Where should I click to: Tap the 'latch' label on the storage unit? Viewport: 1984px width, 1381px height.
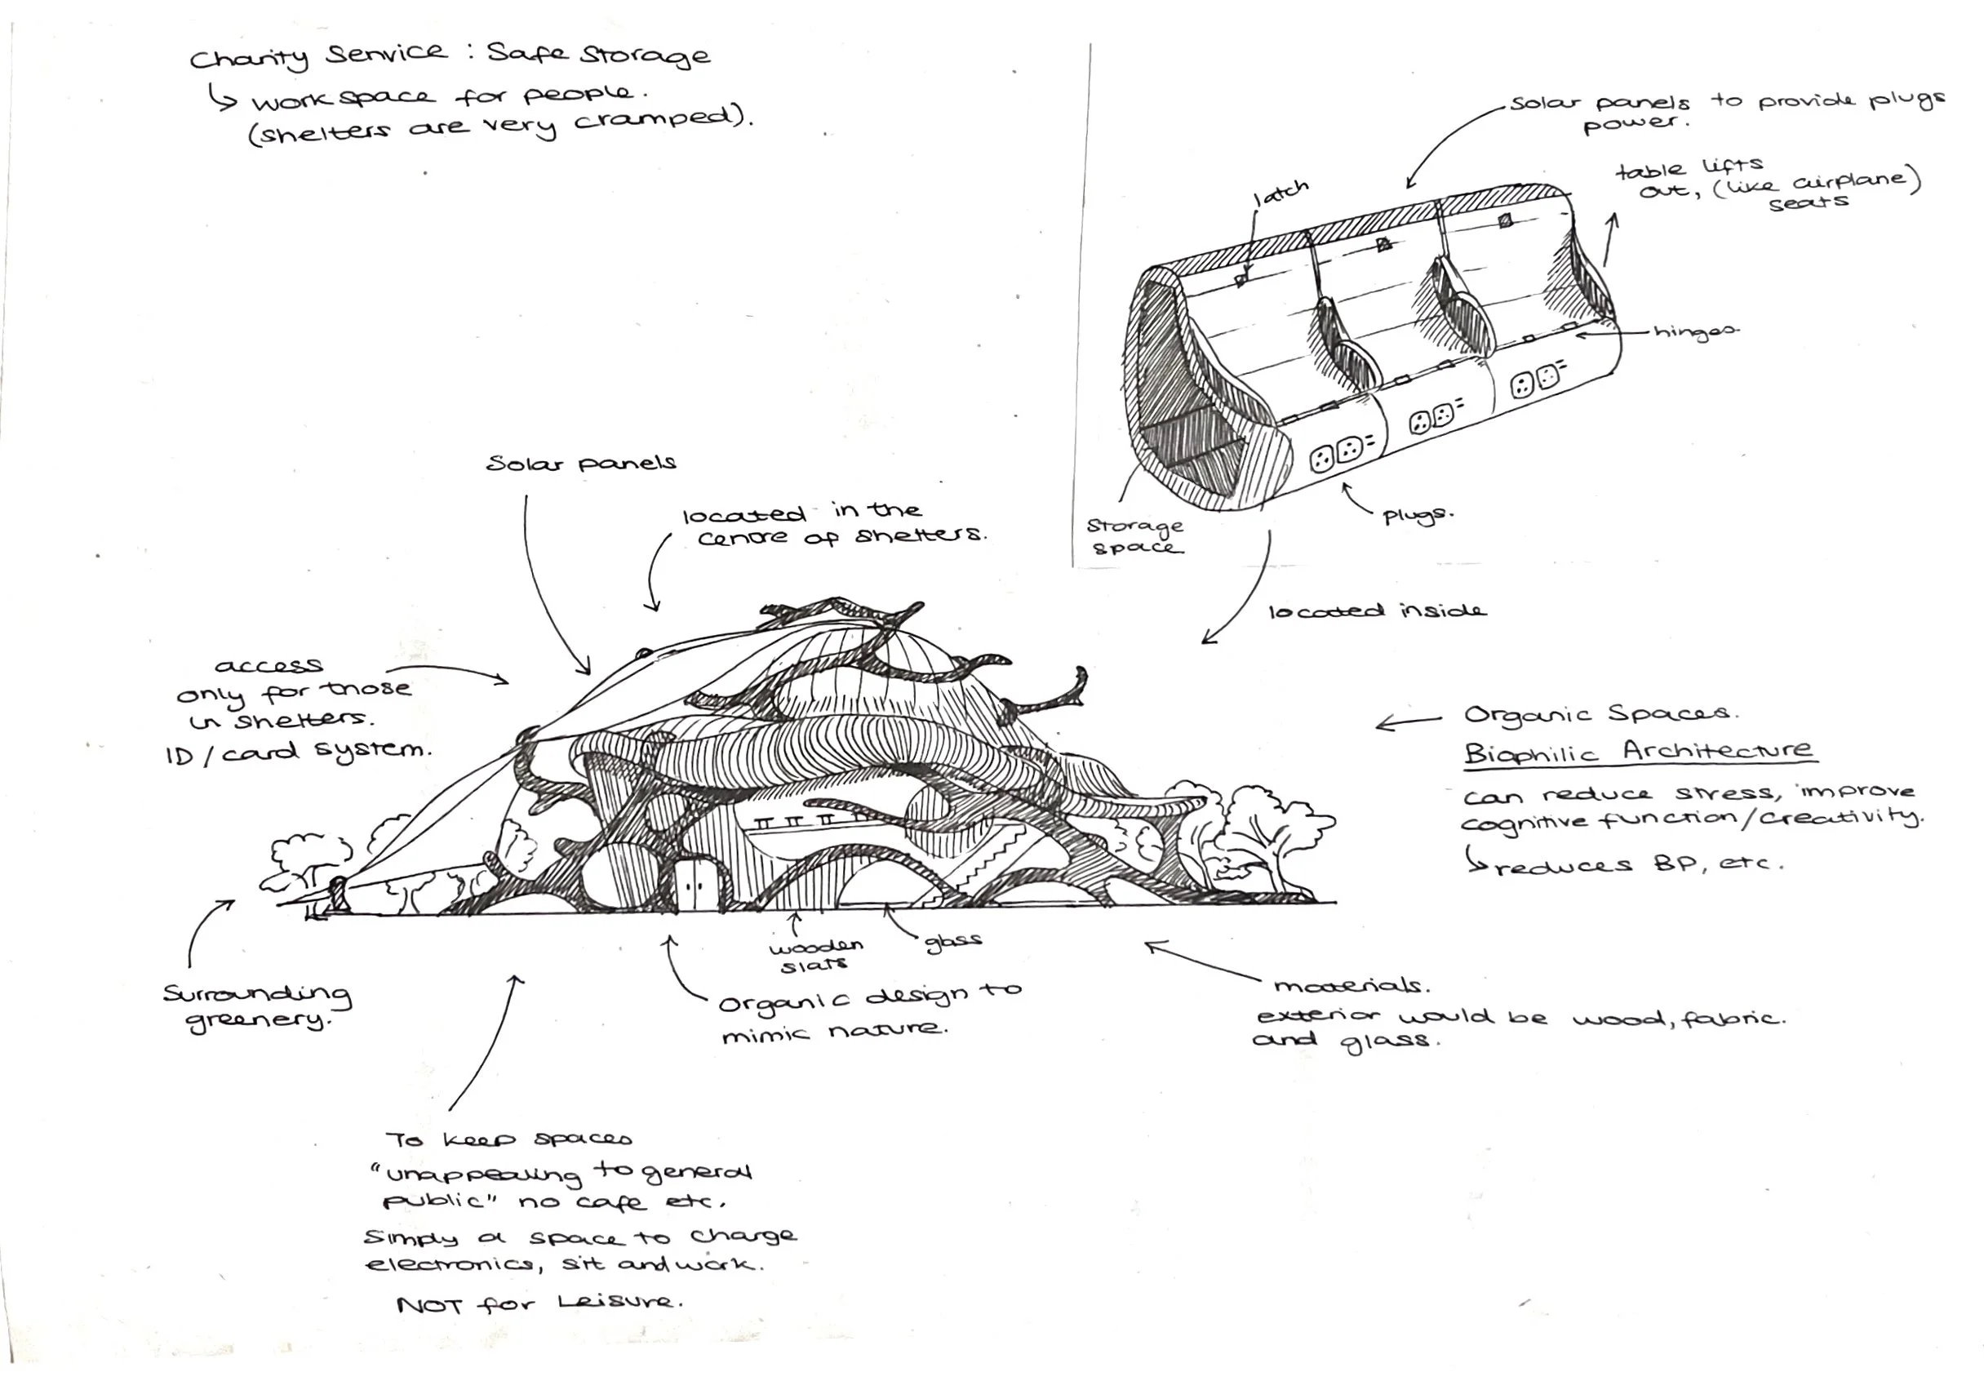pos(1281,193)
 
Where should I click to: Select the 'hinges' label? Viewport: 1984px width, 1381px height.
pos(1696,333)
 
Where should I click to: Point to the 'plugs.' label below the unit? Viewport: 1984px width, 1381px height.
pos(1418,517)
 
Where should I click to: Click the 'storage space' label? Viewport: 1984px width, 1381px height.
pos(1134,535)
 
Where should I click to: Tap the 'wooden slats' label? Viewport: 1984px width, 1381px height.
pos(814,955)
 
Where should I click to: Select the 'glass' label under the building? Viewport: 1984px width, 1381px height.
pos(953,941)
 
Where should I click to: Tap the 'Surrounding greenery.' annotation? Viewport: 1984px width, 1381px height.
pos(258,1007)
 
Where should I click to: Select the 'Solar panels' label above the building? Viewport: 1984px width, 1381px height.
pos(581,464)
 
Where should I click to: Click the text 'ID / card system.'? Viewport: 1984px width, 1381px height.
pos(297,752)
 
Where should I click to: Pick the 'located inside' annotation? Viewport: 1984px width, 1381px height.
pos(1378,611)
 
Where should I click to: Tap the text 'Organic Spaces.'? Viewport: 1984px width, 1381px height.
pos(1600,715)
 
